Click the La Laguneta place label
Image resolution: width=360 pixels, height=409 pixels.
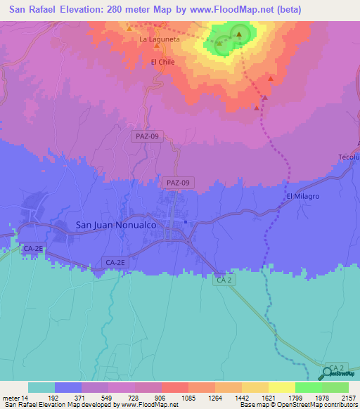[160, 39]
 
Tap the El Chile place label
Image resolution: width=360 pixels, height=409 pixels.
[162, 62]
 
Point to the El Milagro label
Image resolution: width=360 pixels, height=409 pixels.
[303, 197]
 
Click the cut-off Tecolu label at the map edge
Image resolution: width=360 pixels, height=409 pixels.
[349, 157]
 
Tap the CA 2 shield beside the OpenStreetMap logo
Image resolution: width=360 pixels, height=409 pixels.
[337, 368]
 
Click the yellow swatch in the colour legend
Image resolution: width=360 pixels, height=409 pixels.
[281, 387]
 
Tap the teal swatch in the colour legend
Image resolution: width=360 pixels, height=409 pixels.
[41, 387]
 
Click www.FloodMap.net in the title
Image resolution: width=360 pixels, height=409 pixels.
[225, 9]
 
